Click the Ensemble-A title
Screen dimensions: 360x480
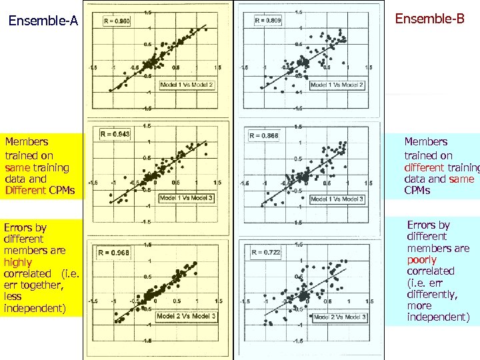pyautogui.click(x=43, y=21)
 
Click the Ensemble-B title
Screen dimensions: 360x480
pyautogui.click(x=429, y=19)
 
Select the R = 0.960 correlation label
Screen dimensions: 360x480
pyautogui.click(x=117, y=21)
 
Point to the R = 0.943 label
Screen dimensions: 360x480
pyautogui.click(x=115, y=134)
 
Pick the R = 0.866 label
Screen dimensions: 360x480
pyautogui.click(x=264, y=136)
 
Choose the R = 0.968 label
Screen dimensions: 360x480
pyautogui.click(x=113, y=253)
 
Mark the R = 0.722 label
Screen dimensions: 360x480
pyautogui.click(x=265, y=252)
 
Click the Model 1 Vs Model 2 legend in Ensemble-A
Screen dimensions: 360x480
pyautogui.click(x=187, y=85)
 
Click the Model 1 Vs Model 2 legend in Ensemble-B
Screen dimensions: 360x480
pyautogui.click(x=337, y=85)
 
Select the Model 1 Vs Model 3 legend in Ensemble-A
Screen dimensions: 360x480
pyautogui.click(x=187, y=198)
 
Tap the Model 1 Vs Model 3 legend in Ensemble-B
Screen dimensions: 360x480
pyautogui.click(x=337, y=199)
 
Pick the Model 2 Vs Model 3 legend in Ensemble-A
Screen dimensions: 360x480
pyautogui.click(x=186, y=315)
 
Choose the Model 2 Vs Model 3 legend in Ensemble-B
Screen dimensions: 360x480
pyautogui.click(x=340, y=317)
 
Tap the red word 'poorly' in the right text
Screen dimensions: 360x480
pyautogui.click(x=422, y=259)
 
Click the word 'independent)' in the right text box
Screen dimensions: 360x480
pyautogui.click(x=438, y=317)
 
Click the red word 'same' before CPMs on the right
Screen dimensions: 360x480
pyautogui.click(x=461, y=179)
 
